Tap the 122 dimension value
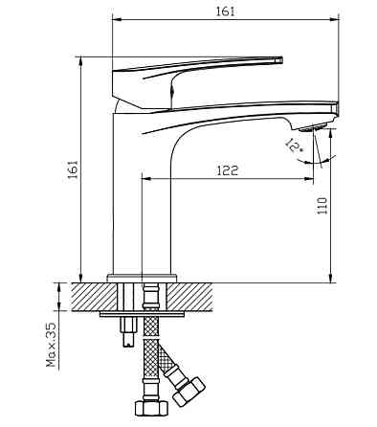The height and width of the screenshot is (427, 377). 227,169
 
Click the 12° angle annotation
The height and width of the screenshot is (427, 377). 293,146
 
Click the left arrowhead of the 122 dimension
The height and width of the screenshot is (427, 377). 147,177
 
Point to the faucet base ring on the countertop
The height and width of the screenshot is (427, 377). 144,278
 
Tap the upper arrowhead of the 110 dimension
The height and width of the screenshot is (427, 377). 331,135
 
